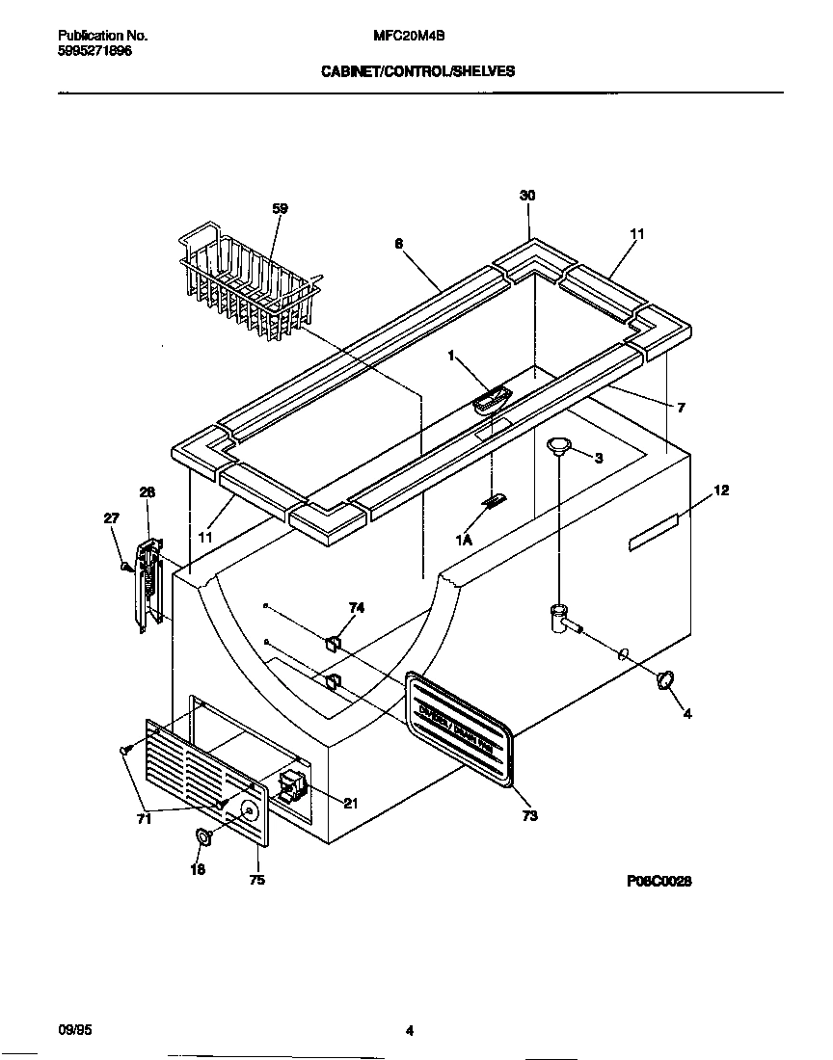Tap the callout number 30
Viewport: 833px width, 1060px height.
click(527, 196)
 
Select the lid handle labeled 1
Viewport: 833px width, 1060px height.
click(492, 399)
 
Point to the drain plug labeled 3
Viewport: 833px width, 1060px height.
click(557, 444)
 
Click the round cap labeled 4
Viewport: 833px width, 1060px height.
click(663, 680)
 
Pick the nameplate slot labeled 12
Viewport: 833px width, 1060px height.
click(654, 531)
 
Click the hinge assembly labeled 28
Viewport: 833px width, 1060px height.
click(147, 584)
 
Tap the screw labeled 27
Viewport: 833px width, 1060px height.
click(125, 567)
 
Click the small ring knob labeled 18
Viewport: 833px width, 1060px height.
click(204, 836)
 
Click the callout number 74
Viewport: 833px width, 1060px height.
click(357, 608)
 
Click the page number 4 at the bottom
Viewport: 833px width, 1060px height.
click(410, 1031)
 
